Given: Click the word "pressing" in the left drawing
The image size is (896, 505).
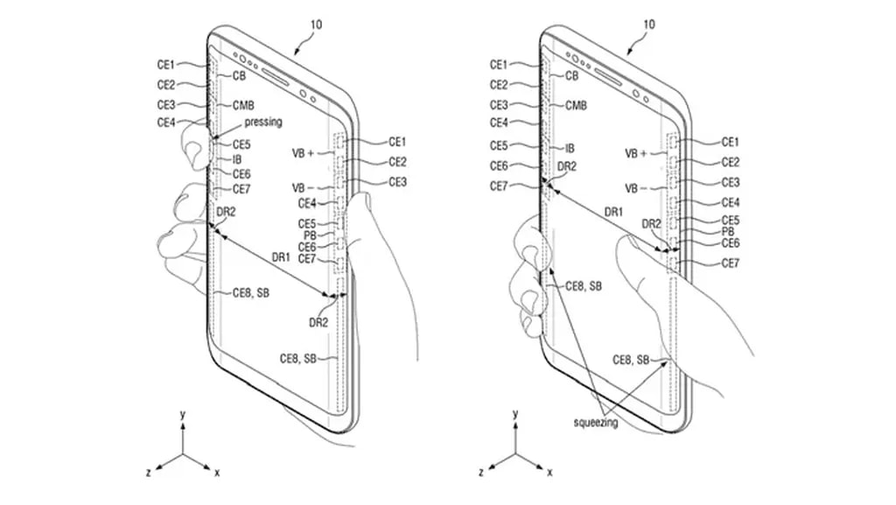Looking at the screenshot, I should (263, 123).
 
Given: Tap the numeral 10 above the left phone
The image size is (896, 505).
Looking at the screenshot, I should (316, 25).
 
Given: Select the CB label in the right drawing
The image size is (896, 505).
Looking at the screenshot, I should (571, 76).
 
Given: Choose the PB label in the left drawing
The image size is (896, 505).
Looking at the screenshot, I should (309, 235).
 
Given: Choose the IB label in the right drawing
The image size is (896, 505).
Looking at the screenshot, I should (570, 149).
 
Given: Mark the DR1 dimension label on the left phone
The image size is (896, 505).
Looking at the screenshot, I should (280, 257).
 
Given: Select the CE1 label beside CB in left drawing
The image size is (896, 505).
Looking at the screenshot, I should (166, 64).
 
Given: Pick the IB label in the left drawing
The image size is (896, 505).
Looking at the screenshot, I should (236, 159).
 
